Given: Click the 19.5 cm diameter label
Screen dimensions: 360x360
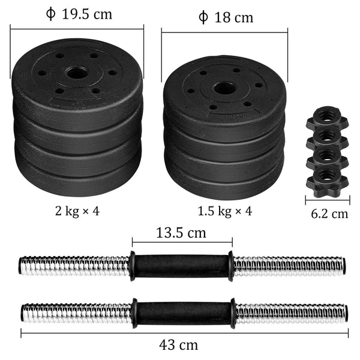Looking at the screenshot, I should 79,14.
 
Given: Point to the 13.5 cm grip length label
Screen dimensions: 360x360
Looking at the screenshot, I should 181,232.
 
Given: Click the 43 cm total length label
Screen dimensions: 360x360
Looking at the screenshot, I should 181,344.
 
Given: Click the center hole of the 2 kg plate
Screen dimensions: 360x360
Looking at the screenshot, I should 77,74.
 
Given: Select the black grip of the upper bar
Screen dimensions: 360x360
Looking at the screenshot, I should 181,265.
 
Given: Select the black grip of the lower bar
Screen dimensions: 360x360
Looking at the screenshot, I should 181,312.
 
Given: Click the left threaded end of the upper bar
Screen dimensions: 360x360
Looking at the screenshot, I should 72,265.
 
